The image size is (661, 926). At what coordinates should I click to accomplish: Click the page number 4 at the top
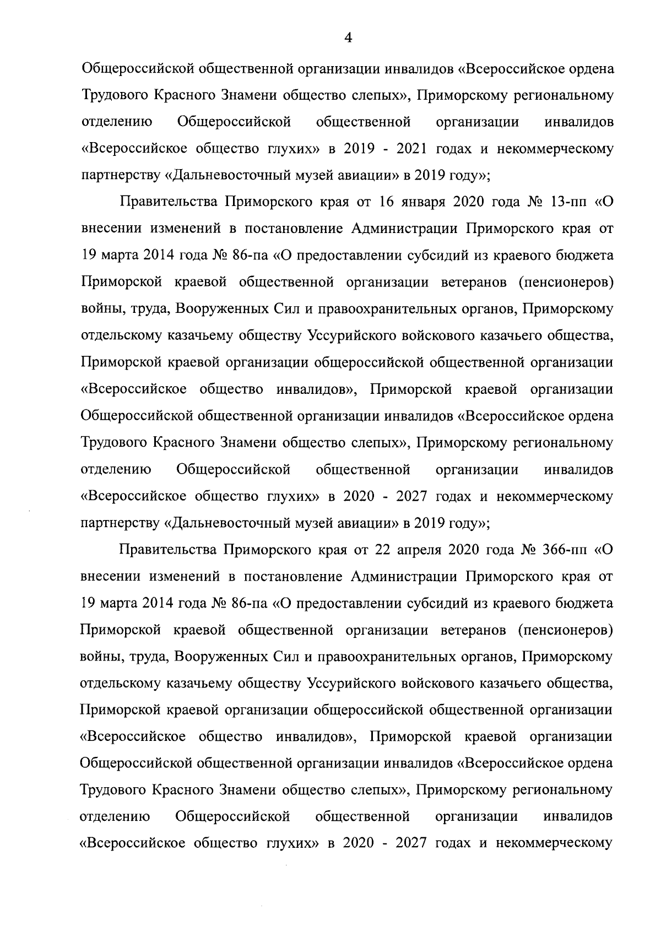tap(348, 37)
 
